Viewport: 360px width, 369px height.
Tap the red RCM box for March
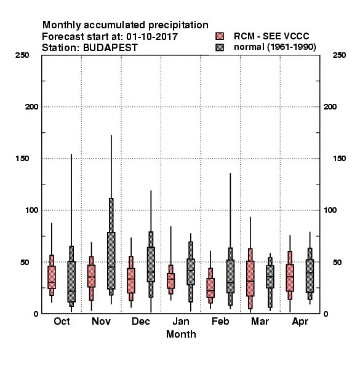[250, 279]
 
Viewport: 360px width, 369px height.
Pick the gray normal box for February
[230, 276]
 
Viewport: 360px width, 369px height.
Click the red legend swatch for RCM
[220, 36]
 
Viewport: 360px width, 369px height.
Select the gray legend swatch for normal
[220, 47]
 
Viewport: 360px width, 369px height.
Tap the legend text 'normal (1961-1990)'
[274, 47]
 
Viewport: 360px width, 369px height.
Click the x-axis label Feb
[220, 321]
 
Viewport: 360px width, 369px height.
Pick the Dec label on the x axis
[141, 321]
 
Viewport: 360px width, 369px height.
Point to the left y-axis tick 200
[31, 107]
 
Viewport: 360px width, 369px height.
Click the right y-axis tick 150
[339, 159]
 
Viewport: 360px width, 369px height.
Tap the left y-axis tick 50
[25, 262]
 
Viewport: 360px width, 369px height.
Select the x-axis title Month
[181, 334]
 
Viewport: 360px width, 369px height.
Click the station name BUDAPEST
[110, 48]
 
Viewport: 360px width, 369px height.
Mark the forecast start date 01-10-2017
[152, 37]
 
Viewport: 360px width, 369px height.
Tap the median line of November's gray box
[111, 267]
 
